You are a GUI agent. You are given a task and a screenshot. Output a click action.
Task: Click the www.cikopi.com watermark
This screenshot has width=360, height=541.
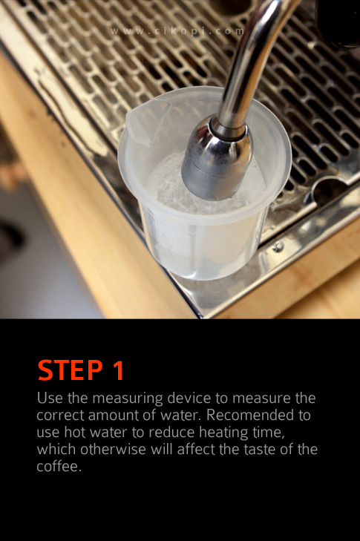coord(177,31)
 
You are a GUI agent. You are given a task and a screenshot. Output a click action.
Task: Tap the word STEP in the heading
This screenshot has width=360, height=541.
coord(70,370)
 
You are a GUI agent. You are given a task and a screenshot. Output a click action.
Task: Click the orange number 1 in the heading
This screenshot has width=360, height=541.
coord(118,370)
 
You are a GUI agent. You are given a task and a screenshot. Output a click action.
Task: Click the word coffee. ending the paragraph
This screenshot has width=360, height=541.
coord(59,467)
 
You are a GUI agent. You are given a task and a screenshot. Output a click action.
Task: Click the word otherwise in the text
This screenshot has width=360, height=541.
coord(113,449)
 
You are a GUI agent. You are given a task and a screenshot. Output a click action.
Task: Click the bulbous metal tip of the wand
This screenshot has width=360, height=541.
coord(217,160)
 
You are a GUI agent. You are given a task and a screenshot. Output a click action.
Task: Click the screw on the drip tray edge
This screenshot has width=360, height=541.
coord(278,246)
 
